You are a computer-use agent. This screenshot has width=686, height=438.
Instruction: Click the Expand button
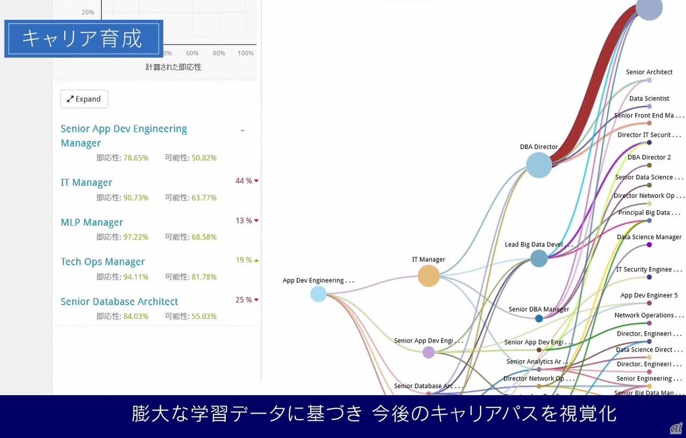coord(84,99)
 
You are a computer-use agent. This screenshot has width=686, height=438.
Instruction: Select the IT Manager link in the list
coord(86,183)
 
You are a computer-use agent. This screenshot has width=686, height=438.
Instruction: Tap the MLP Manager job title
coord(92,222)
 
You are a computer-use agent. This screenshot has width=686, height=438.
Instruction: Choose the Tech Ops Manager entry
coord(102,262)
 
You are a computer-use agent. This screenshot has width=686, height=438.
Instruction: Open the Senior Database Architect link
coord(119,301)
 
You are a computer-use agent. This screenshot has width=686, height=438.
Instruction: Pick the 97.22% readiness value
coord(136,237)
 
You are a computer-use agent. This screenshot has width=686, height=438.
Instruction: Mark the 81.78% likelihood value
coord(204,277)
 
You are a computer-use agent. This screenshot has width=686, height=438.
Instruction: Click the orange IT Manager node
coord(428,276)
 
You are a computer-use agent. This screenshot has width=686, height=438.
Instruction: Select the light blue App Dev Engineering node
coord(318,294)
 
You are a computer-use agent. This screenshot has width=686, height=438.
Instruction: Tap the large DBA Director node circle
coord(539,165)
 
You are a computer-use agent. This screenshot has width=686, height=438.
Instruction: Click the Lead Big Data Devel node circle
coord(539,258)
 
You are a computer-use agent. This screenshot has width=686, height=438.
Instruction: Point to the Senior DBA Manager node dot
coord(539,318)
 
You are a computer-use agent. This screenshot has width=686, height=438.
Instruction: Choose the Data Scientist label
coord(649,99)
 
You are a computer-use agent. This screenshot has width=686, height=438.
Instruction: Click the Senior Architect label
coord(649,72)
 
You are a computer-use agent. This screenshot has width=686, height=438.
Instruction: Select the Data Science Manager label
coord(649,237)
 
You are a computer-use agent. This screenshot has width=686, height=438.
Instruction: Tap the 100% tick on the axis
coord(245,53)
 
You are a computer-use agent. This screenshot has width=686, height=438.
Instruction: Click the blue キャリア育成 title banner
coord(83,39)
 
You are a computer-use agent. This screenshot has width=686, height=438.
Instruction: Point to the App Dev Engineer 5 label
coord(649,295)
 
